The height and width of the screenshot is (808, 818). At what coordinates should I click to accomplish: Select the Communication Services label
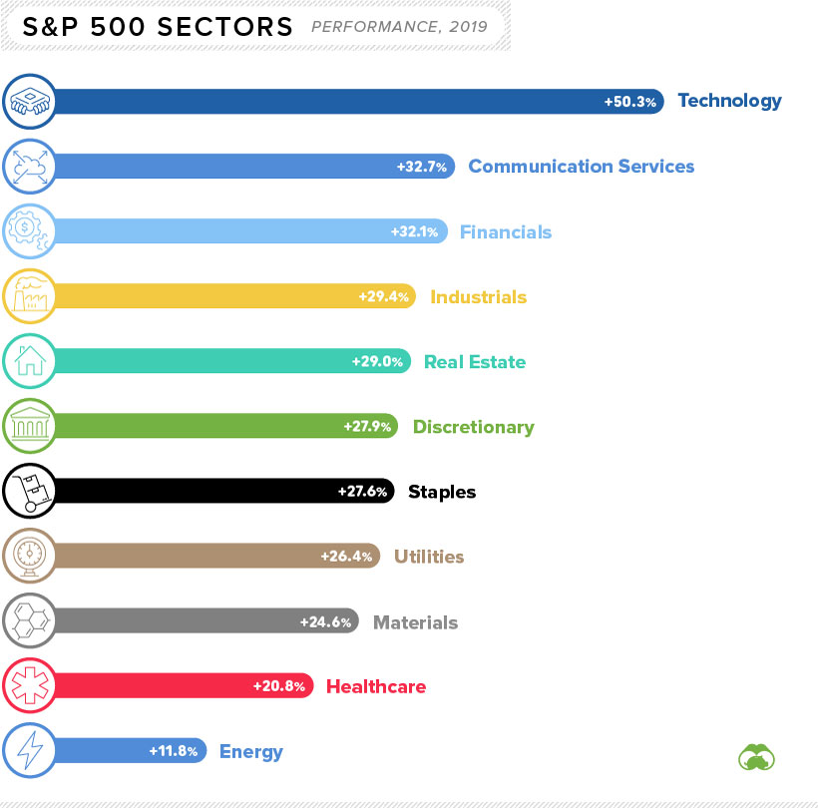(x=581, y=167)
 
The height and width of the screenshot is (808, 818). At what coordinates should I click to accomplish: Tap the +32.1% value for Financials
(x=414, y=232)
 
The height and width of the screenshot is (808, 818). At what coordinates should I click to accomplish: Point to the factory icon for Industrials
(x=29, y=296)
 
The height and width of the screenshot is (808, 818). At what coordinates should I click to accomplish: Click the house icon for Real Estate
(x=29, y=361)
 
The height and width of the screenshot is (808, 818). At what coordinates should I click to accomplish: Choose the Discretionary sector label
(x=473, y=427)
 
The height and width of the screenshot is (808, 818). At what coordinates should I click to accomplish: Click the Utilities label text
(x=429, y=557)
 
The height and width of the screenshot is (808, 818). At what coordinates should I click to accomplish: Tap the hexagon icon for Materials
(x=29, y=621)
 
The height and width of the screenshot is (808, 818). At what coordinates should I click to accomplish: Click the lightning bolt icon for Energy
(x=29, y=751)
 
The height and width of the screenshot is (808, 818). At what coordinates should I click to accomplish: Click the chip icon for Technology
(x=29, y=101)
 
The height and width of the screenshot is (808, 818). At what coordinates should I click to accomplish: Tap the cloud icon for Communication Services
(x=29, y=167)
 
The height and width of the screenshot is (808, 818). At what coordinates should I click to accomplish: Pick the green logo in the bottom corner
(x=756, y=756)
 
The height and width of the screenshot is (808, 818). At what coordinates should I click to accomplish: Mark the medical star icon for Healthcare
(x=29, y=686)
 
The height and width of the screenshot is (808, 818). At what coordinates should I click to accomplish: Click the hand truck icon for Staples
(x=29, y=491)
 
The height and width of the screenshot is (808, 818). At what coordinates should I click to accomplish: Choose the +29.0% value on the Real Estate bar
(x=377, y=362)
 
